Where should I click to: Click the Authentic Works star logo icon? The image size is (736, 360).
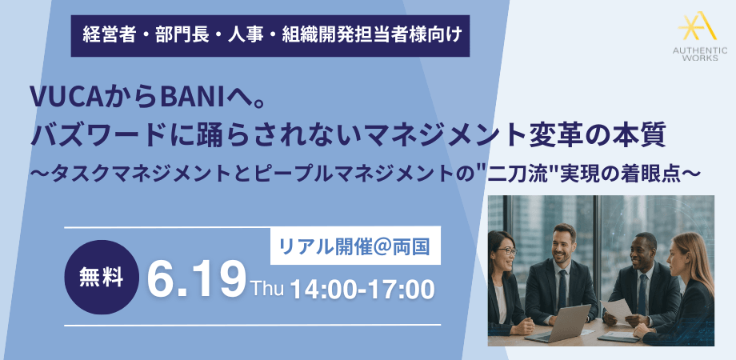pyautogui.click(x=698, y=26)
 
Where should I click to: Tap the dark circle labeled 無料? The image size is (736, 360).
pyautogui.click(x=102, y=277)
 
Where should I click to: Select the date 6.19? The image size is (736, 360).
pyautogui.click(x=197, y=281)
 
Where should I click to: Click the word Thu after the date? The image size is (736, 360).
pyautogui.click(x=267, y=288)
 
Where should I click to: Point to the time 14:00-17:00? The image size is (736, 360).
pyautogui.click(x=362, y=289)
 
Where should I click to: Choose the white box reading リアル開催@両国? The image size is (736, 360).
pyautogui.click(x=355, y=246)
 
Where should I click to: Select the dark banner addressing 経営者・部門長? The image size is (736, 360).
pyautogui.click(x=270, y=36)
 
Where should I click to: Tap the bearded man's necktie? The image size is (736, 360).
pyautogui.click(x=562, y=290)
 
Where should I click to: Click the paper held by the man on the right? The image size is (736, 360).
pyautogui.click(x=617, y=309)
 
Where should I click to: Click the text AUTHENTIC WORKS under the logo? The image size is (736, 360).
pyautogui.click(x=699, y=54)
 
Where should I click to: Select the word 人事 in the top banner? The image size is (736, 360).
pyautogui.click(x=245, y=35)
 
